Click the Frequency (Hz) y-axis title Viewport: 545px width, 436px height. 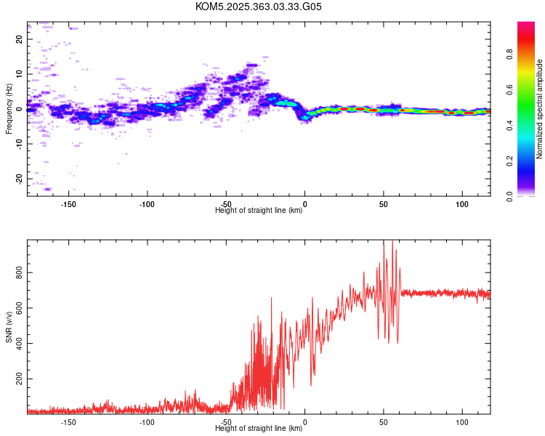[x=9, y=109]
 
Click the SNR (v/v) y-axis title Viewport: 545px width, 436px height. [x=9, y=327]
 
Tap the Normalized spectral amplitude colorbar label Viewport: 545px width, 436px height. [x=540, y=109]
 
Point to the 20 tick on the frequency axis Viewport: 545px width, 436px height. [x=19, y=39]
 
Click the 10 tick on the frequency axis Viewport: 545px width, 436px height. [x=19, y=74]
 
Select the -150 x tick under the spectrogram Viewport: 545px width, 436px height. [x=68, y=204]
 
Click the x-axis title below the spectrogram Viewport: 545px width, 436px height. [x=259, y=211]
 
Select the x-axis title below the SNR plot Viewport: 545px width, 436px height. [x=259, y=428]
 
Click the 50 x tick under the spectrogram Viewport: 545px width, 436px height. [x=384, y=204]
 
